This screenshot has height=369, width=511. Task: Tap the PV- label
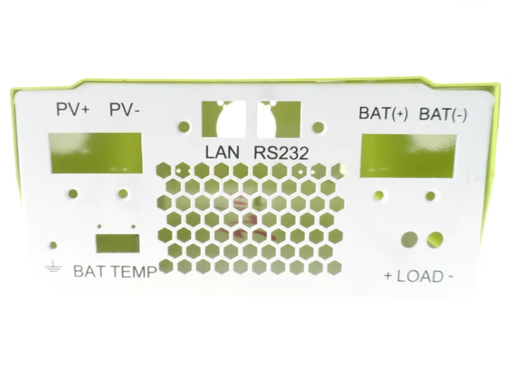point(124,111)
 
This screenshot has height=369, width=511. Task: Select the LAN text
point(222,152)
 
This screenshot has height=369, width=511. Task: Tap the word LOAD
point(419,276)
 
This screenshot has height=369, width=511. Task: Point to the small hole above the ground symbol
point(53,246)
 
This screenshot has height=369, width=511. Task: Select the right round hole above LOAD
point(436,239)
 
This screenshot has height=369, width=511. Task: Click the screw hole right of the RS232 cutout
point(319,128)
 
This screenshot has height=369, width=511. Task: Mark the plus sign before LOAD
point(388,276)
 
